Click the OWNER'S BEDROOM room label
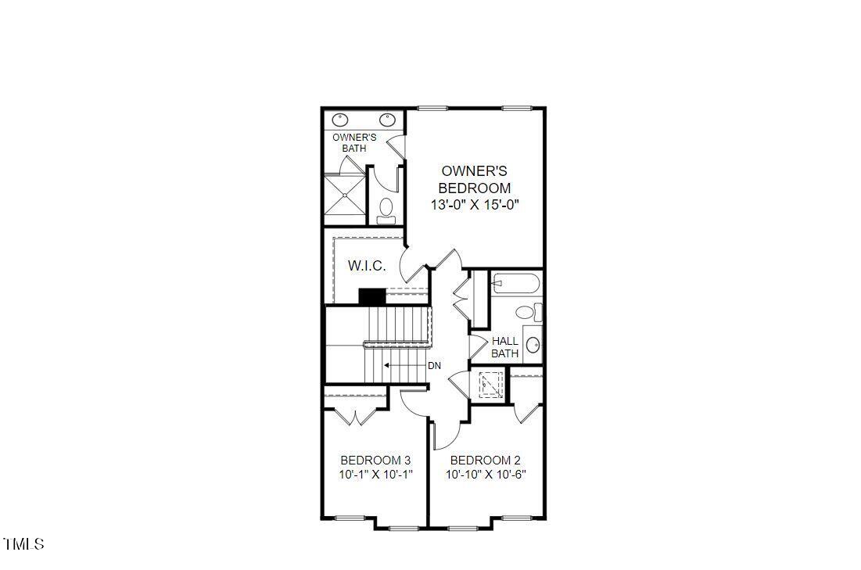pyautogui.click(x=474, y=179)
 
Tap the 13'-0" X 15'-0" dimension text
pyautogui.click(x=474, y=205)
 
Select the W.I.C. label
pyautogui.click(x=366, y=266)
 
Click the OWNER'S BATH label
pyautogui.click(x=354, y=142)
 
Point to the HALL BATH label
pyautogui.click(x=505, y=347)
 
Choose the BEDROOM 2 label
pyautogui.click(x=485, y=460)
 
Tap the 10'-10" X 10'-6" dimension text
pyautogui.click(x=491, y=475)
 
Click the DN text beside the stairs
pyautogui.click(x=434, y=365)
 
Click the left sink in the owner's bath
pyautogui.click(x=341, y=120)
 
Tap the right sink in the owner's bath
pyautogui.click(x=387, y=120)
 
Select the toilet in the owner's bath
pyautogui.click(x=386, y=209)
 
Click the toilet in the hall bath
pyautogui.click(x=527, y=313)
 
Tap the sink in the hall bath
pyautogui.click(x=533, y=345)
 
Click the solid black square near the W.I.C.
pyautogui.click(x=372, y=297)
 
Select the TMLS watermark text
pyautogui.click(x=23, y=543)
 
